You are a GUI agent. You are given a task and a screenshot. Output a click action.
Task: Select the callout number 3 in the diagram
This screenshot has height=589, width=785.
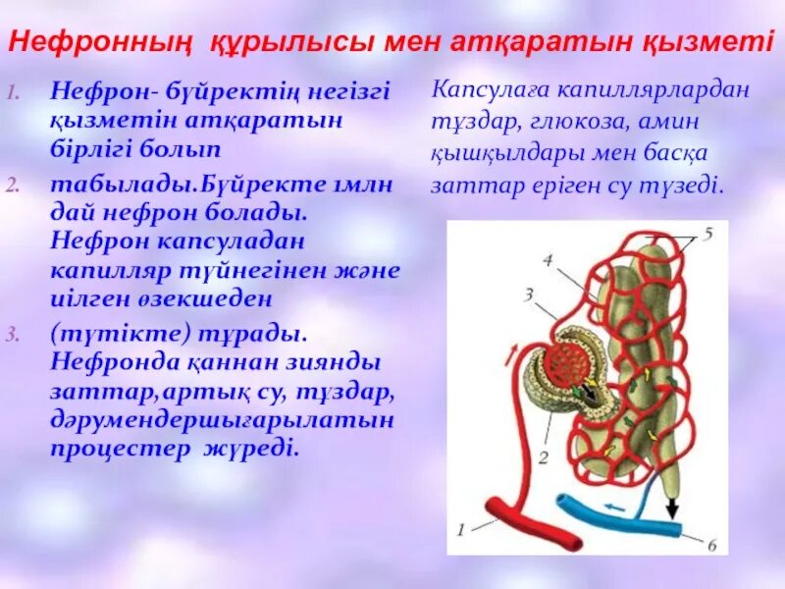click(x=528, y=294)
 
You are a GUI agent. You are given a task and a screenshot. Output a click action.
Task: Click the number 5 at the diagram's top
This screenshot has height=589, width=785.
click(x=707, y=235)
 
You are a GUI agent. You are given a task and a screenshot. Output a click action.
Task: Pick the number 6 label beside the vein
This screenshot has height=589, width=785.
click(x=712, y=545)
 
